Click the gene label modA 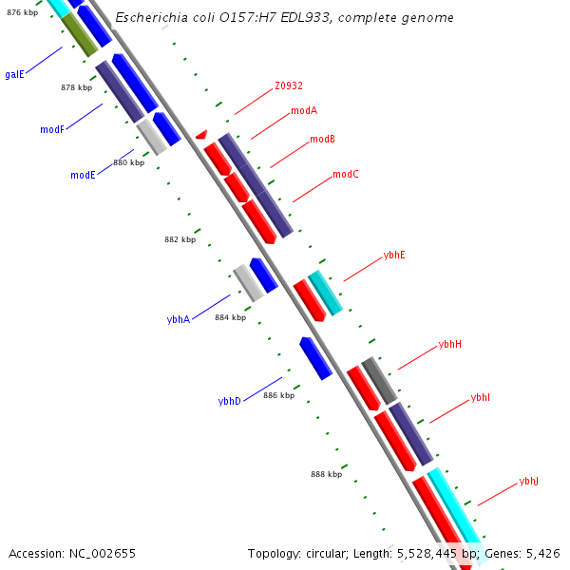tap(304, 110)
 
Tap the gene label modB tap(322, 139)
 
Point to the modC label tap(346, 175)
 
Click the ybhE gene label tap(394, 255)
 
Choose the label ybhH tap(450, 344)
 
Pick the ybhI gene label tap(481, 397)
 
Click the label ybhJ tap(528, 482)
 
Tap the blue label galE tap(14, 74)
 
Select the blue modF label tap(52, 129)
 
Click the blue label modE tap(83, 175)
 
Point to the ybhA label tap(179, 319)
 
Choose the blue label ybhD tap(229, 401)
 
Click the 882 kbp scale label tap(180, 239)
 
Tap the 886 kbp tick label tap(278, 395)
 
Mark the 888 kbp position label tap(326, 473)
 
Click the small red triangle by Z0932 tap(201, 136)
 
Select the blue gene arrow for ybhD tap(315, 358)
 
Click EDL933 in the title tap(300, 18)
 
